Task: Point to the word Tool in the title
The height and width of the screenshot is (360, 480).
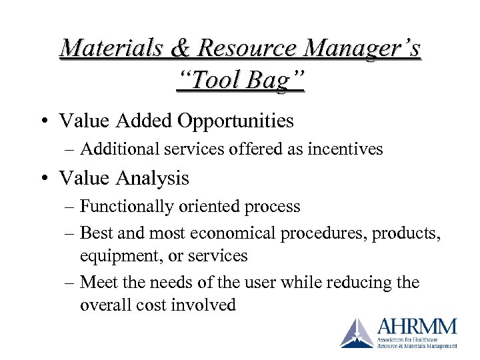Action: tap(215, 81)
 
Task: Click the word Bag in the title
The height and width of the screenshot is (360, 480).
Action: tap(273, 81)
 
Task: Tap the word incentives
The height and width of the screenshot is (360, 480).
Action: tap(349, 149)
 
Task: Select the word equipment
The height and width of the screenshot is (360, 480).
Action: tap(115, 255)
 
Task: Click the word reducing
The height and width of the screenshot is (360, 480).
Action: tap(359, 283)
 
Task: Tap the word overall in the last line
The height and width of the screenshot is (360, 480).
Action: tap(104, 305)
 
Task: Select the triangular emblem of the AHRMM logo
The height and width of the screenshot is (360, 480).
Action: tap(357, 333)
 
